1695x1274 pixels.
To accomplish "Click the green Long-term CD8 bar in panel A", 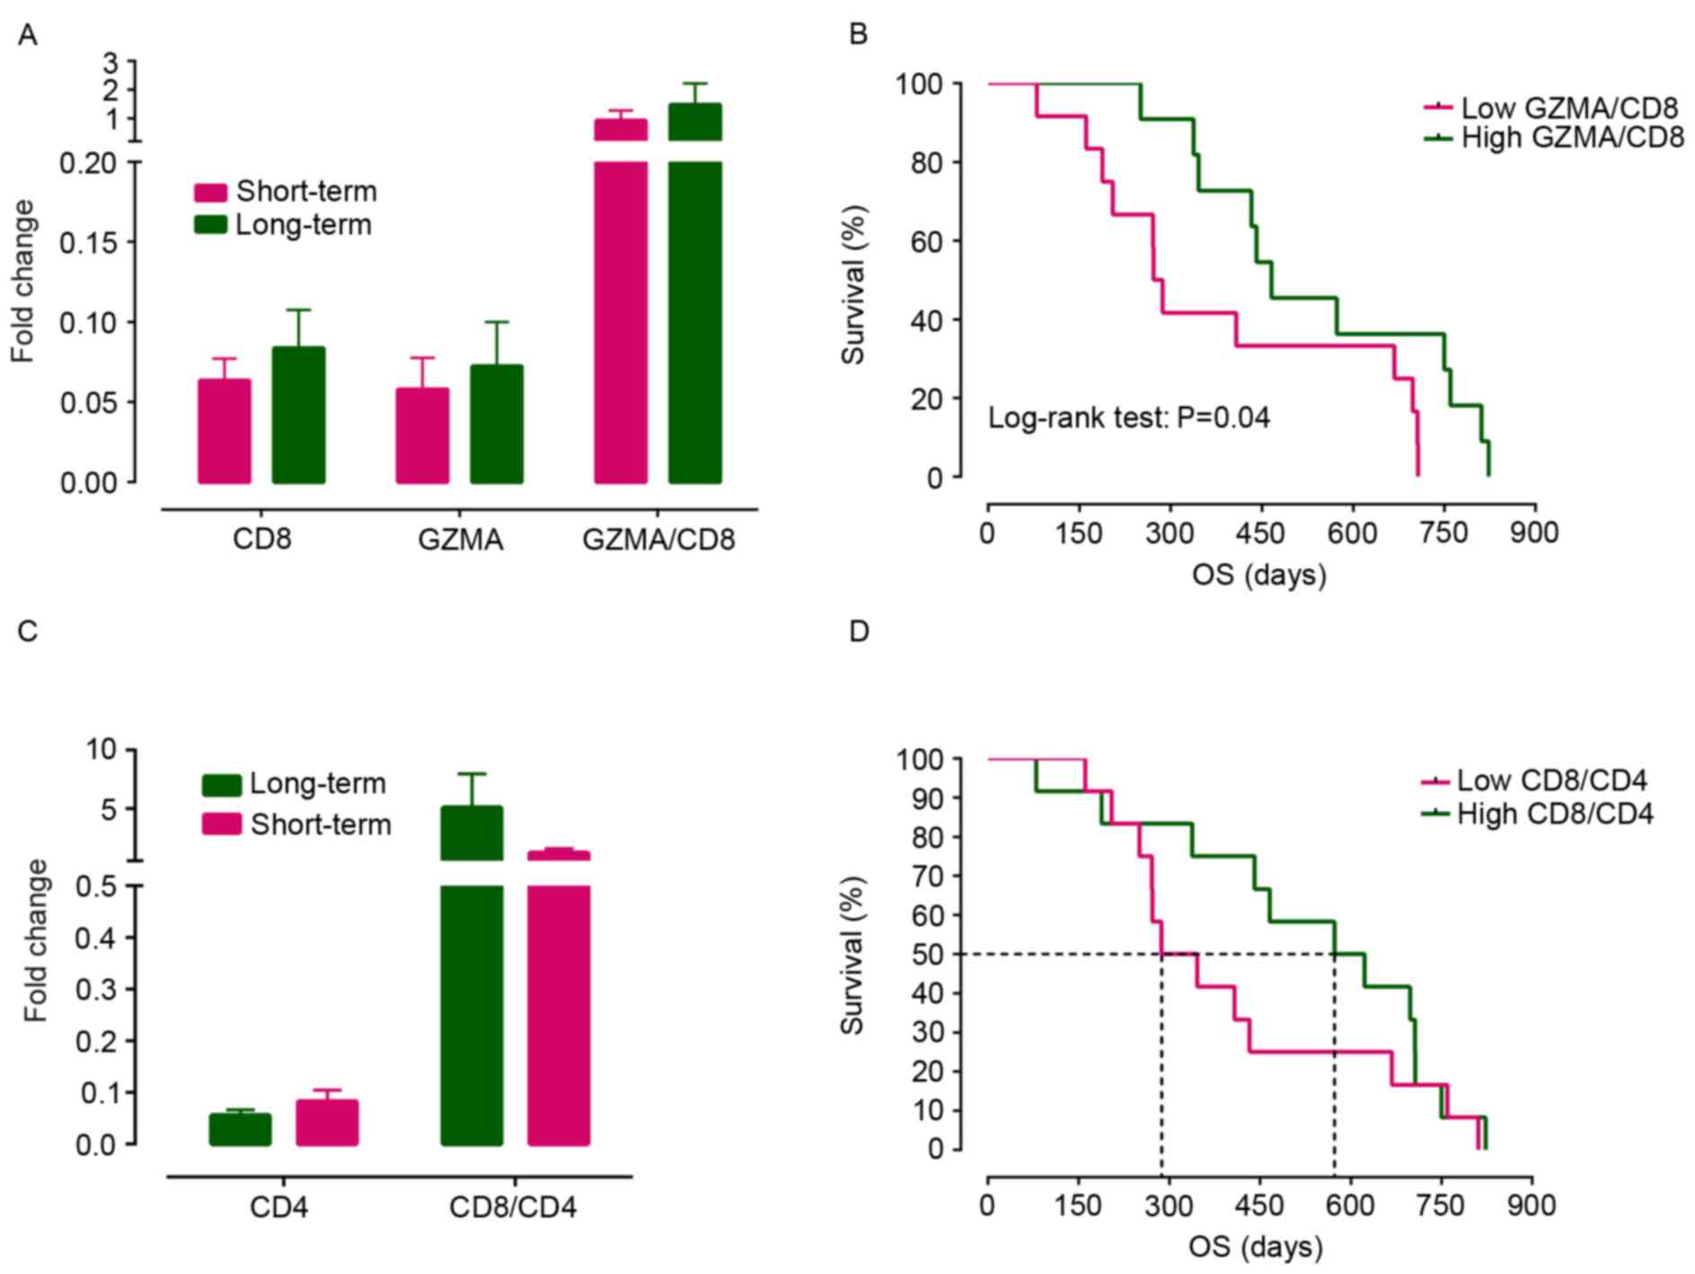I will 298,415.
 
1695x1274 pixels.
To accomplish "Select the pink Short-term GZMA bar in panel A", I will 422,436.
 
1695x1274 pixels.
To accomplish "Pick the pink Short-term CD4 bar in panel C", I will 327,1122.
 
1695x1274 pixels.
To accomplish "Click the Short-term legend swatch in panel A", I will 210,192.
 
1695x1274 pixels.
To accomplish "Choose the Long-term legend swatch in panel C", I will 221,784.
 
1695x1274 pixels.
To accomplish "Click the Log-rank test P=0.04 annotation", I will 1129,418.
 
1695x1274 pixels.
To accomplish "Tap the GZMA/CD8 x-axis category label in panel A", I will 658,540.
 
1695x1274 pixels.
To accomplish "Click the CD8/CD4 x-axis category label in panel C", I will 513,1207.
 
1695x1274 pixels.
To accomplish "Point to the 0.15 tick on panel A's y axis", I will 89,243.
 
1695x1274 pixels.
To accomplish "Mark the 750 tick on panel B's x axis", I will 1443,533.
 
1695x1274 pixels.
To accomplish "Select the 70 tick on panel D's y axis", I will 921,876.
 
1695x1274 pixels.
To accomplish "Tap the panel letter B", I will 858,35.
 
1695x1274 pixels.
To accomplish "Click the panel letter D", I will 859,633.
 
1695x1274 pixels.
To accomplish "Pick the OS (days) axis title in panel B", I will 1258,575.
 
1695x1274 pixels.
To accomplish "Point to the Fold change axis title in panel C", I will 35,940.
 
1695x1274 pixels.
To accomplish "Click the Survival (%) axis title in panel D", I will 852,955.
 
